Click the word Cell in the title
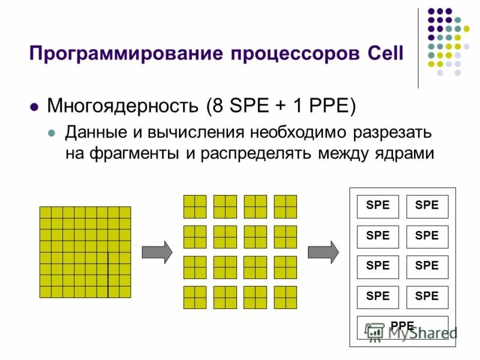(385, 55)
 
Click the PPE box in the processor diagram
(402, 326)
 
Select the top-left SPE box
(378, 206)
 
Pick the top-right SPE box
(427, 206)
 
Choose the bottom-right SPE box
(427, 296)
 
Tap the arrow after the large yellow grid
(157, 251)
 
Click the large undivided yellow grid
(85, 252)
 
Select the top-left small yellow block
(194, 206)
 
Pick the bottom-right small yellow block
(285, 297)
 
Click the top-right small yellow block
(285, 206)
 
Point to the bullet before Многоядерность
(34, 107)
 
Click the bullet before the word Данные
(52, 133)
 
